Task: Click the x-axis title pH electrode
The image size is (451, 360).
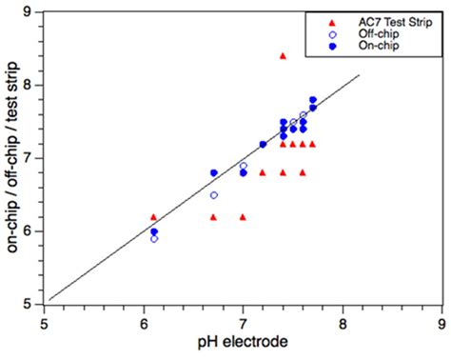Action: pyautogui.click(x=243, y=342)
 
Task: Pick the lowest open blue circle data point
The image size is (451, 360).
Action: pyautogui.click(x=154, y=238)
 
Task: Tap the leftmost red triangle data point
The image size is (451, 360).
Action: pyautogui.click(x=154, y=217)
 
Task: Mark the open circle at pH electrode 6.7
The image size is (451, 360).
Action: pyautogui.click(x=213, y=194)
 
